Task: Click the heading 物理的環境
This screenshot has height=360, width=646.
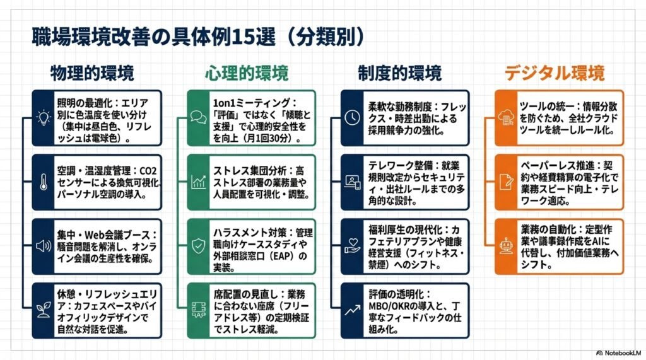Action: point(92,73)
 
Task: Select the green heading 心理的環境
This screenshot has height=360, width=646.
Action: point(246,73)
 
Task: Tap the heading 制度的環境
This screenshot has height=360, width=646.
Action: point(400,73)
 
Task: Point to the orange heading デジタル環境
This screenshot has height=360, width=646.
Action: point(555,73)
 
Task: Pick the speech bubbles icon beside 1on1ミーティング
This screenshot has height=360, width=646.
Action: point(198,118)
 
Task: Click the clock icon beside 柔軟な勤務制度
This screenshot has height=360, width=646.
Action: point(352,118)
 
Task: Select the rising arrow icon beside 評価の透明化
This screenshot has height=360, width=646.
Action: point(352,310)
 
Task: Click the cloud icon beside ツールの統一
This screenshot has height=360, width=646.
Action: point(506,118)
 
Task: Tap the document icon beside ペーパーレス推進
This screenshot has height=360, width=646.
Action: point(506,182)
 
